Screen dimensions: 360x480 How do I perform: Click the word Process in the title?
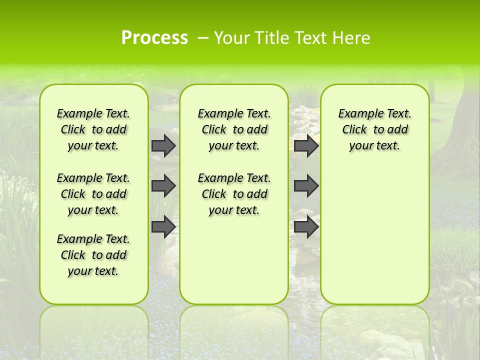coord(154,38)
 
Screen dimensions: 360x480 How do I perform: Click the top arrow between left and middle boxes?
coord(163,145)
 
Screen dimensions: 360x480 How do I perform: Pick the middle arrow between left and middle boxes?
coord(163,186)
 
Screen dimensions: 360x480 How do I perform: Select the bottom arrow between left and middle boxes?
coord(163,226)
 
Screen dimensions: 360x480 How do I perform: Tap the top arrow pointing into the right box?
coord(306,145)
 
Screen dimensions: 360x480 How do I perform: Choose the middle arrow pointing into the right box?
coord(306,186)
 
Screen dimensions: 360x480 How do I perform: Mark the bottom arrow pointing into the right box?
coord(306,226)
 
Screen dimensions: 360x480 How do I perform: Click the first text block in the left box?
coord(93,129)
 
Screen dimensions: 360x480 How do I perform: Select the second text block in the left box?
coord(93,194)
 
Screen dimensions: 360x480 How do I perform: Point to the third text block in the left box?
coord(93,255)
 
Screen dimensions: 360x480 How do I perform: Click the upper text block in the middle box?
coord(234,129)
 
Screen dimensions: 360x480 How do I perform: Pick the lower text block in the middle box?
coord(234,194)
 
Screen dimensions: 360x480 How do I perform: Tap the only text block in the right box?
coord(374,129)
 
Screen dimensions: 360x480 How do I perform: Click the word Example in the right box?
coord(356,114)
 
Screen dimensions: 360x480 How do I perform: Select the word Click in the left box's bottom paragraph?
coord(73,255)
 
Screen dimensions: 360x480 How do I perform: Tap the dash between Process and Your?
coord(203,38)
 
